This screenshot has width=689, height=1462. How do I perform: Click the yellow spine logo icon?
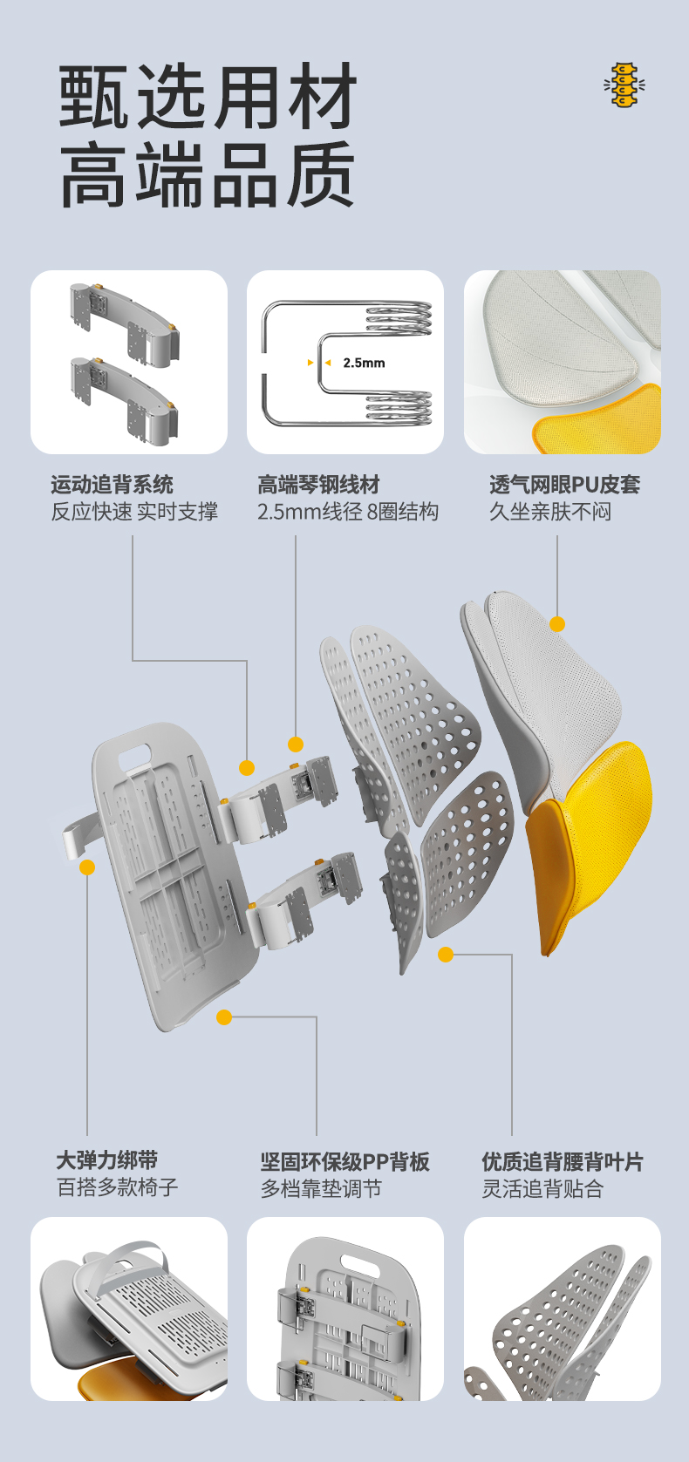(624, 85)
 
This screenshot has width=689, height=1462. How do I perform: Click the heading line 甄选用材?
(208, 97)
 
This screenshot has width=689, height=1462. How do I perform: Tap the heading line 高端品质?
(208, 177)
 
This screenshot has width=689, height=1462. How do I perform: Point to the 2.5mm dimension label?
(364, 363)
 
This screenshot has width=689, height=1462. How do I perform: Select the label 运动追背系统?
(112, 485)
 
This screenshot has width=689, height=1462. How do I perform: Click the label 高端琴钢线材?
(318, 485)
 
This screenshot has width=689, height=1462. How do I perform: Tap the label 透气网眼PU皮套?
(564, 485)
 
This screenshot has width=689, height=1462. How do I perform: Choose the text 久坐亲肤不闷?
(550, 512)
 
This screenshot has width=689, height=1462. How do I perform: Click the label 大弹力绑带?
(107, 1160)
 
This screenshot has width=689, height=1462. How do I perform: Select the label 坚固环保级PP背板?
(344, 1162)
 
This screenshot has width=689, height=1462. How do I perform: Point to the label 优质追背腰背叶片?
(563, 1162)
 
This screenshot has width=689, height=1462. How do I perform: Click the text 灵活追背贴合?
(542, 1188)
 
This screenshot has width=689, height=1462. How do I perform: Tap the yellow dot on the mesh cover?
(557, 624)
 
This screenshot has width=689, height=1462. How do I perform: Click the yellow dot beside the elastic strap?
(87, 867)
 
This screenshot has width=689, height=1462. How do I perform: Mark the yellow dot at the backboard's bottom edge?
(224, 1017)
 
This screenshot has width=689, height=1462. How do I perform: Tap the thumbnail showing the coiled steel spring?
(345, 362)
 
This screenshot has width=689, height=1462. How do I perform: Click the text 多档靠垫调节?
(321, 1188)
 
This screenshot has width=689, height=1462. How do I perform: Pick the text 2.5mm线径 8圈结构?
(347, 512)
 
